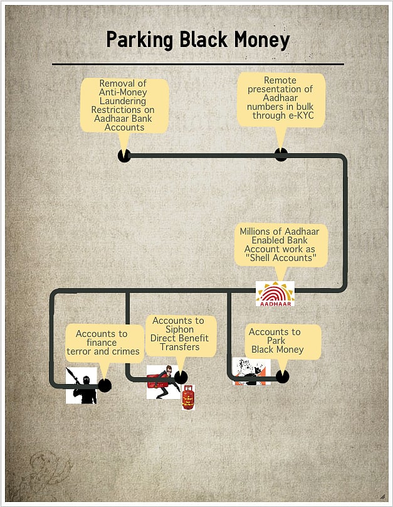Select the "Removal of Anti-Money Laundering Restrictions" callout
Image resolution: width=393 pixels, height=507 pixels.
click(x=125, y=105)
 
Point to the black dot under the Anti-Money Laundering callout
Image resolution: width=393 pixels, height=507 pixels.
click(x=124, y=156)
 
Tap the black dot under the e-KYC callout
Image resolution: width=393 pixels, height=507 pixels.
click(x=281, y=154)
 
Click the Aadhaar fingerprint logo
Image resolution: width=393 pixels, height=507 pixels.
click(x=275, y=294)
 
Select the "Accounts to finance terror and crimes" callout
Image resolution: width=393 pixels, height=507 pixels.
click(x=103, y=343)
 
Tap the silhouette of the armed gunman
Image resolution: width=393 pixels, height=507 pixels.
click(x=82, y=385)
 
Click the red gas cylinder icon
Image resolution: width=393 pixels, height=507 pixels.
click(x=188, y=398)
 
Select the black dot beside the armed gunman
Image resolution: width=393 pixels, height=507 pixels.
click(x=105, y=386)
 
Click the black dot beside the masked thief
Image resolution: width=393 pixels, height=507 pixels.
click(x=181, y=377)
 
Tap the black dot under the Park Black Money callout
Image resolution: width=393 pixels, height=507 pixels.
click(x=283, y=376)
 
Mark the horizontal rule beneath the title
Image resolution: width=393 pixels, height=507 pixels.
click(x=197, y=64)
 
